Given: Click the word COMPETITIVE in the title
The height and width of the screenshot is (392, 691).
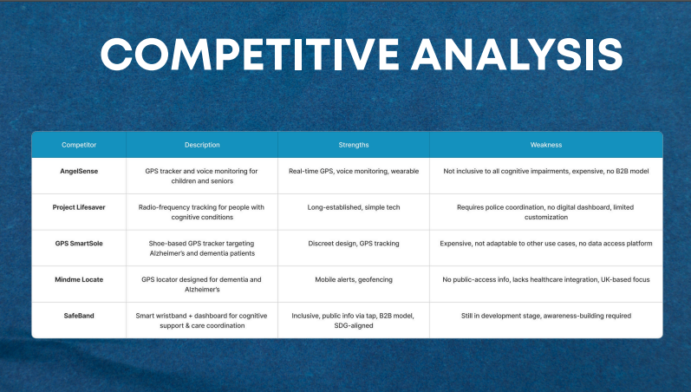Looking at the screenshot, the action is pos(250,55).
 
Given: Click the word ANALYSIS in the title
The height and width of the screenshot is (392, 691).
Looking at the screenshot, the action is pos(517,55).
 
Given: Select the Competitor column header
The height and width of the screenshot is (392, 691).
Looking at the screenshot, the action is pos(79,145).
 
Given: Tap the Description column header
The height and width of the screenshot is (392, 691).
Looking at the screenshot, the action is pos(202,145).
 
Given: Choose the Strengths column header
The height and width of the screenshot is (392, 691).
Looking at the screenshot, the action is pos(354,145).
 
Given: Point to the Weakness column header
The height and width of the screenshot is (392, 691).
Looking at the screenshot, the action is pos(546,145).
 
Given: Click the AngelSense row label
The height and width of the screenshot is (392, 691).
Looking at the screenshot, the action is pos(79,171).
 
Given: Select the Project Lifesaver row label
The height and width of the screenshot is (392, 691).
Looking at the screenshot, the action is pos(79,207).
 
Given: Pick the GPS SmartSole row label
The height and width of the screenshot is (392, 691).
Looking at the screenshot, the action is pos(79,244).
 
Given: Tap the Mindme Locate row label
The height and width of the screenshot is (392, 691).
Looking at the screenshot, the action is pos(79,279).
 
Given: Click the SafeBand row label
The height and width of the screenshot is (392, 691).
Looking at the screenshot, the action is pos(79,316).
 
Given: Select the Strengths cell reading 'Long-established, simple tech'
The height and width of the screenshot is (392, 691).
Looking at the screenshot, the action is pos(354,207).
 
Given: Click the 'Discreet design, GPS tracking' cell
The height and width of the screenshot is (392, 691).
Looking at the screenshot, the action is pos(354,244).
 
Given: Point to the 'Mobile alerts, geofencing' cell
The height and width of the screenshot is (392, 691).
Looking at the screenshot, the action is pos(354,279).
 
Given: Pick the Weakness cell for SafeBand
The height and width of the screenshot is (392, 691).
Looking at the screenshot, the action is pos(546,316).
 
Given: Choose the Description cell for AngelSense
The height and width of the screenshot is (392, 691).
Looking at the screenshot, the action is pos(202,176).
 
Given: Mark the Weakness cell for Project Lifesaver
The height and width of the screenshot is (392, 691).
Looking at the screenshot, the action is pos(546,212).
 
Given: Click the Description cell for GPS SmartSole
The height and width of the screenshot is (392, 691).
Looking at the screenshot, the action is pos(202,248).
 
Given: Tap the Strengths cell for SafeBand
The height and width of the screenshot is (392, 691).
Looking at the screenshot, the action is pos(354,321).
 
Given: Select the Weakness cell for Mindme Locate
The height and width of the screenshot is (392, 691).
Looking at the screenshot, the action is pos(546,279).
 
